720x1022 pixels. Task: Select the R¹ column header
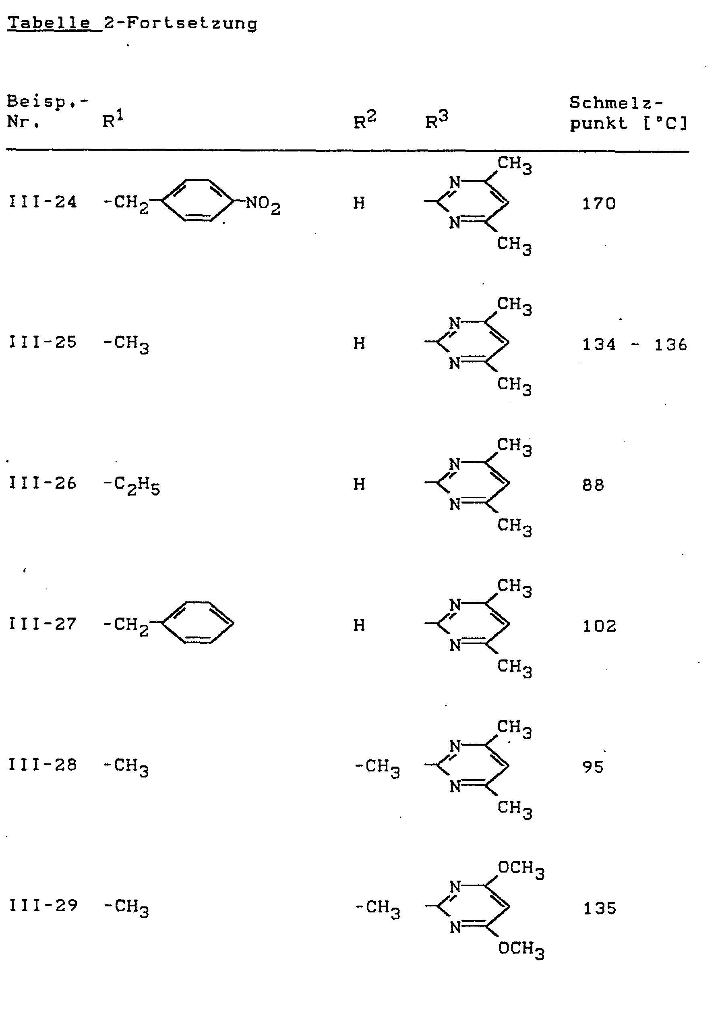coord(113,120)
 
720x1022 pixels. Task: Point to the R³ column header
coord(437,120)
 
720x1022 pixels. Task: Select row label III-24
coord(43,202)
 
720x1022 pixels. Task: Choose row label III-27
coord(43,624)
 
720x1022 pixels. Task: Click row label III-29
coord(43,905)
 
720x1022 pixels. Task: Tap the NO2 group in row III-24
coord(263,204)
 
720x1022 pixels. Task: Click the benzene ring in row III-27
coord(198,623)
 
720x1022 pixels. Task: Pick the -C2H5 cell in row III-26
coord(132,485)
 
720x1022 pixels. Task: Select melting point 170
coord(599,204)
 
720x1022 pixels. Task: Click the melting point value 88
coord(593,485)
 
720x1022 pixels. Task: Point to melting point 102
coord(600,626)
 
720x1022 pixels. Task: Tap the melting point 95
coord(593,767)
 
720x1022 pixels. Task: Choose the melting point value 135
coord(600,908)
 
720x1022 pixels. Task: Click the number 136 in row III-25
coord(670,344)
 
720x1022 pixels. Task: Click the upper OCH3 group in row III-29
coord(521,869)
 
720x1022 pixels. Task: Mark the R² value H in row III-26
coord(359,484)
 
